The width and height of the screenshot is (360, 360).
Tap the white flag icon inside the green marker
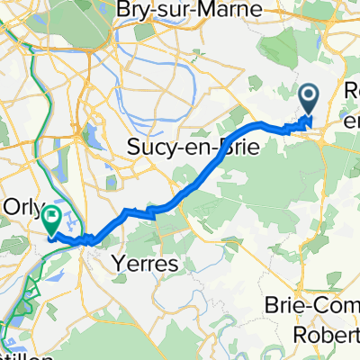52,216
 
